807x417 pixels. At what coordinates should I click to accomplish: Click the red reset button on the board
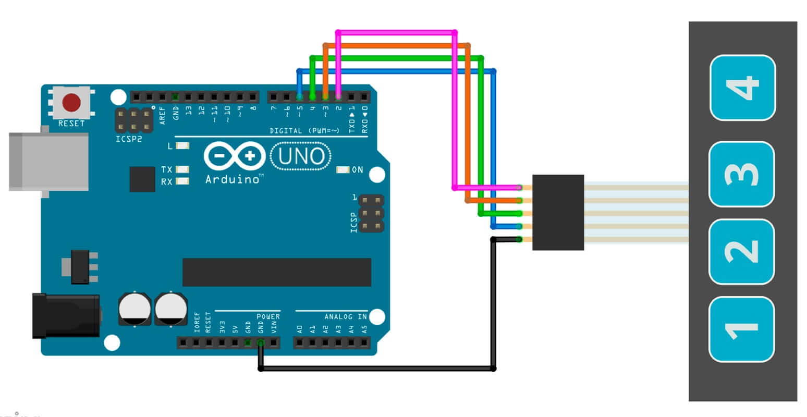pos(71,103)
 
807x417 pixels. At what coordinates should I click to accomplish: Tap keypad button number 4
pos(743,88)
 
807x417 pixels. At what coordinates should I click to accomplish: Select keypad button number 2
pos(741,252)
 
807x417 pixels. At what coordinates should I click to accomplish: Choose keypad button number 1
pos(741,329)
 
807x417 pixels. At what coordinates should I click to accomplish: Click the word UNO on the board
pos(302,156)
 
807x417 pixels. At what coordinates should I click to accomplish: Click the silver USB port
pos(48,162)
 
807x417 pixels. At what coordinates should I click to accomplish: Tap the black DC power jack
pos(66,315)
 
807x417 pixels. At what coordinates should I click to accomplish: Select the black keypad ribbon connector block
pos(558,212)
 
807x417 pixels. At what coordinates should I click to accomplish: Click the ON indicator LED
pos(343,169)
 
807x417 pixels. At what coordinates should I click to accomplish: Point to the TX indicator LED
pos(182,169)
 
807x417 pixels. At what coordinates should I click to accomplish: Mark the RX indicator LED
pos(182,181)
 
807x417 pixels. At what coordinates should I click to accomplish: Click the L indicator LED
pos(182,146)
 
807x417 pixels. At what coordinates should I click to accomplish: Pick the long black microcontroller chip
pos(276,272)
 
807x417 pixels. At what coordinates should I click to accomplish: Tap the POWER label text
pos(268,316)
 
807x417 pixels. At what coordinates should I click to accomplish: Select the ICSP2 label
pos(129,140)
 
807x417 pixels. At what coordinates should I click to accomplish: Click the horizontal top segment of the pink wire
pos(396,32)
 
